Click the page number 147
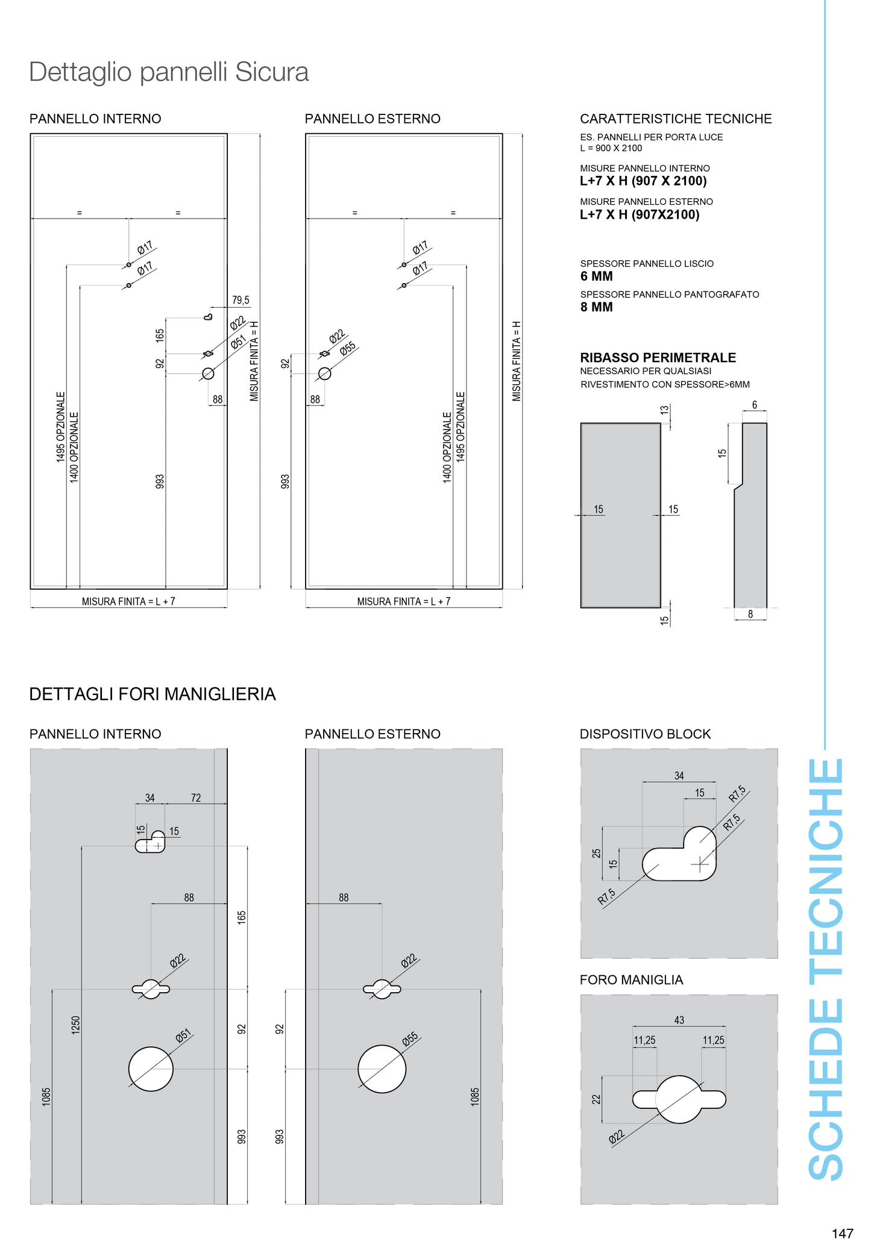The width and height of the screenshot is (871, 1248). tap(842, 1233)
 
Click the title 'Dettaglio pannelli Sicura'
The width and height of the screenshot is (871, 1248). tap(169, 72)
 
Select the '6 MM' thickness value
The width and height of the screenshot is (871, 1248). tap(596, 276)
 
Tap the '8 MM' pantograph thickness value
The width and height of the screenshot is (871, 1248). tap(596, 307)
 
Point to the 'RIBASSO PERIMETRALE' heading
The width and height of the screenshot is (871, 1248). tap(658, 358)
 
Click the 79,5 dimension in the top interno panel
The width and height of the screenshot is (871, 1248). tap(241, 300)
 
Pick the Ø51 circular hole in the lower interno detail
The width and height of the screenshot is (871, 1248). tap(151, 1069)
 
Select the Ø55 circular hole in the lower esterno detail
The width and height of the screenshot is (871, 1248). tap(382, 1069)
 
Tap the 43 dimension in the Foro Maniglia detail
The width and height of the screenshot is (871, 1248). tap(679, 1020)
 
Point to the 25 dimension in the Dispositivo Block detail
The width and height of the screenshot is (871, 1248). tap(596, 853)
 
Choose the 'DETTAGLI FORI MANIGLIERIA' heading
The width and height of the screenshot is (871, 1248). tap(153, 694)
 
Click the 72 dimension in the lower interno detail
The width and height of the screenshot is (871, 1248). tap(196, 798)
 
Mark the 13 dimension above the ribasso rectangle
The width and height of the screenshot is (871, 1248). tap(664, 410)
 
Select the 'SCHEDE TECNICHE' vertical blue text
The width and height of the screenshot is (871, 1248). tap(826, 970)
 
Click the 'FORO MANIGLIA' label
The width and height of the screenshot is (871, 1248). tap(631, 980)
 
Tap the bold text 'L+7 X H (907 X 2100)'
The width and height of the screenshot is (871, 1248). tap(643, 181)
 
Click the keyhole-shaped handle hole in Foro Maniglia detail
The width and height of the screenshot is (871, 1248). tap(679, 1099)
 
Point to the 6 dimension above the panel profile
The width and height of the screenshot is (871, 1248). tap(754, 405)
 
